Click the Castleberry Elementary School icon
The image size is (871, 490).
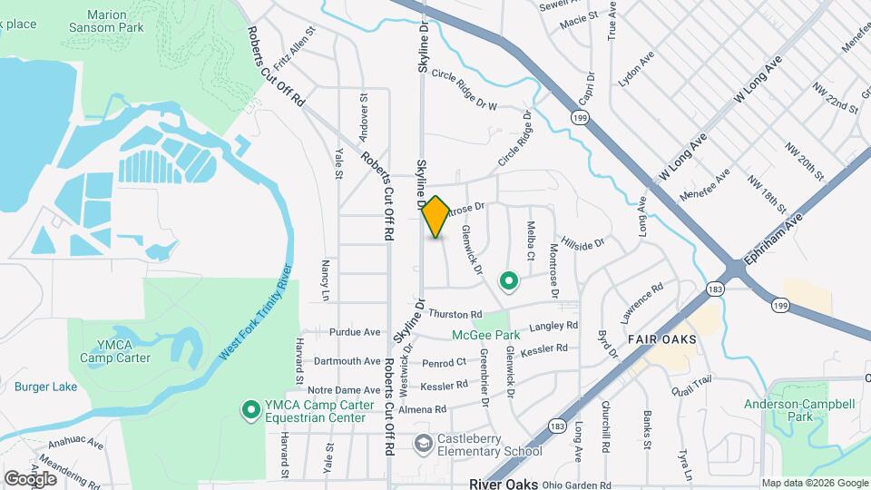[x=423, y=444]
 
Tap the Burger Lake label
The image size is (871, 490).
[x=46, y=387]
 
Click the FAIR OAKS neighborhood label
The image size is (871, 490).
[x=661, y=338]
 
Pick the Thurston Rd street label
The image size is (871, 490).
[x=454, y=314]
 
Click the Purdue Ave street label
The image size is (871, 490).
[x=355, y=332]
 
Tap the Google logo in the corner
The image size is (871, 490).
[x=30, y=478]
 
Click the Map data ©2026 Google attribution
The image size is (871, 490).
[x=814, y=483]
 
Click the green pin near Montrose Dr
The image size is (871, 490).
[x=509, y=282]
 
